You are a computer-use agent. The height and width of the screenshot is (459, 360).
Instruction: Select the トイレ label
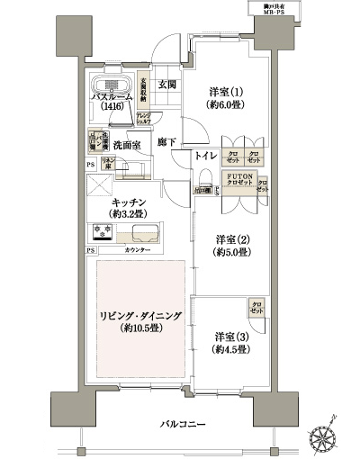click(x=205, y=156)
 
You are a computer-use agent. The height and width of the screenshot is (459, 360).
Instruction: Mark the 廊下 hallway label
click(x=165, y=142)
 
